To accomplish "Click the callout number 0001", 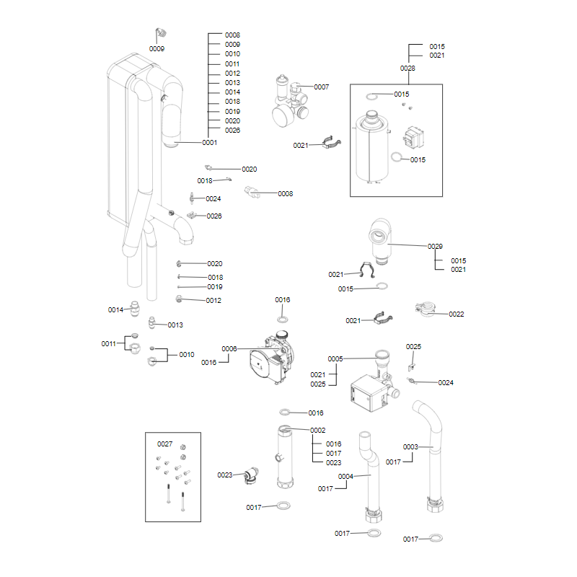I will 209,143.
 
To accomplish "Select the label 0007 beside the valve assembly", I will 321,87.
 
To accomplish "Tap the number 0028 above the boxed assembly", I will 408,68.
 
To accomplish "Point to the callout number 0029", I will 435,247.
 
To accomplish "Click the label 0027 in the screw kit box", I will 165,444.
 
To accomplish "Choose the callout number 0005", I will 335,358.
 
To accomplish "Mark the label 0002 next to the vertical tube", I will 318,430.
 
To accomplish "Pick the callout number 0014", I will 115,309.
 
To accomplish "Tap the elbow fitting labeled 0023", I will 250,475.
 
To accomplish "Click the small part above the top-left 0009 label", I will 161,33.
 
